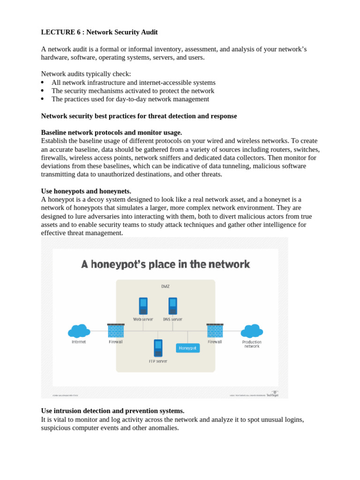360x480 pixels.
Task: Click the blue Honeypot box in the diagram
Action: click(187, 348)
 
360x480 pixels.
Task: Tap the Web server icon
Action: click(143, 306)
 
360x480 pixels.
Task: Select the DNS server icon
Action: click(172, 306)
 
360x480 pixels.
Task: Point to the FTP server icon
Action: click(158, 348)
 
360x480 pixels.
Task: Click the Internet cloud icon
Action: click(79, 331)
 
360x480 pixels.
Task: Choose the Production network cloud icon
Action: click(252, 331)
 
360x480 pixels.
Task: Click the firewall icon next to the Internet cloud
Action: click(116, 330)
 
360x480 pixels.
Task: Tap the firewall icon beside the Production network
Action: click(215, 330)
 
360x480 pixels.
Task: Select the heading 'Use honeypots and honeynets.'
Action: click(86, 191)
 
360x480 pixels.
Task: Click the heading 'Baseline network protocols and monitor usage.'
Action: click(112, 133)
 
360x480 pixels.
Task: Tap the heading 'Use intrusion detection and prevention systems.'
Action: click(112, 411)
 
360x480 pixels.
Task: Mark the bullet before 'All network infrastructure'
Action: click(43, 82)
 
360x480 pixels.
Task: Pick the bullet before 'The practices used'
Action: click(43, 99)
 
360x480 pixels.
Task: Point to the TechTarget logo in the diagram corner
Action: click(272, 394)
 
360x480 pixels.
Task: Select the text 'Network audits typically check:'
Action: click(86, 74)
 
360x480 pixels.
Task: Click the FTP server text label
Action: click(158, 361)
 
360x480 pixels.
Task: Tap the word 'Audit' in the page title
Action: click(149, 32)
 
